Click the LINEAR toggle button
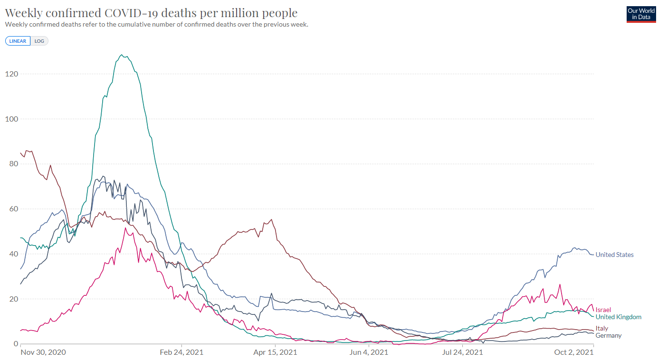18,41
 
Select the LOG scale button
39,41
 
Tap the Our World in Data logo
641,14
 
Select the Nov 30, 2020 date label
43,352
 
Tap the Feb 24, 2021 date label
181,352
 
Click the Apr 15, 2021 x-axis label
275,352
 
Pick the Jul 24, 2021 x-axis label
462,352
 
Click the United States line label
614,255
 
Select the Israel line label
603,310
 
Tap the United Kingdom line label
618,317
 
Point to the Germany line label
608,335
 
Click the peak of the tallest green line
122,55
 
